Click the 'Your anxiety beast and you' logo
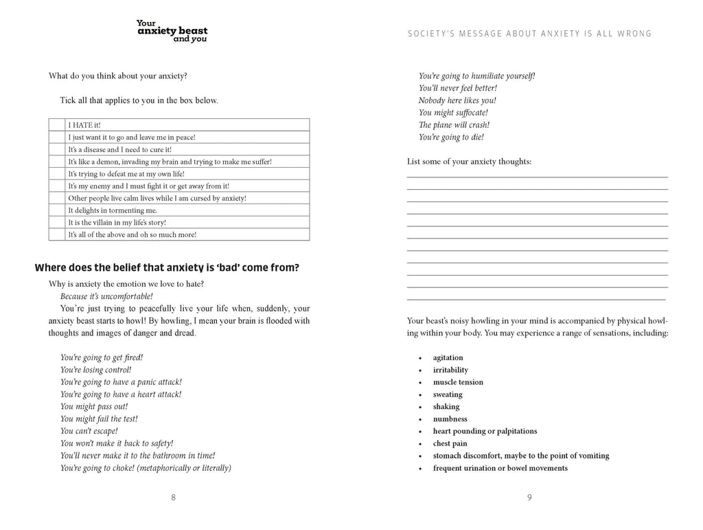coord(172,31)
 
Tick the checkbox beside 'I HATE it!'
coord(57,125)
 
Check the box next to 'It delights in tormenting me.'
coord(57,210)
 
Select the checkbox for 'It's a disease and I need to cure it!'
coord(57,149)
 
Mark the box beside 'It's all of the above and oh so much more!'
coord(57,234)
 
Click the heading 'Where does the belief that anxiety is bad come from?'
coord(167,268)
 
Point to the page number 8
coord(173,498)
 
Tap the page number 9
coord(529,498)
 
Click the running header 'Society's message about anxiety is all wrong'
coord(529,34)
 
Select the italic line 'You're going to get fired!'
coord(102,357)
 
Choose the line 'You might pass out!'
coord(92,406)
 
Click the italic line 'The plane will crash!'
coord(454,125)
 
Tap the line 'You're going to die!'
coord(451,137)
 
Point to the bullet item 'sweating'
coord(448,395)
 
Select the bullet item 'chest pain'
coord(450,443)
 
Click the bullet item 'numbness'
coord(450,419)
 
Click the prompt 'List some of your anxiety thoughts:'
coord(469,162)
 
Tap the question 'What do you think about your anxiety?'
coord(118,76)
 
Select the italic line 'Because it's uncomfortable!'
coord(106,296)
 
